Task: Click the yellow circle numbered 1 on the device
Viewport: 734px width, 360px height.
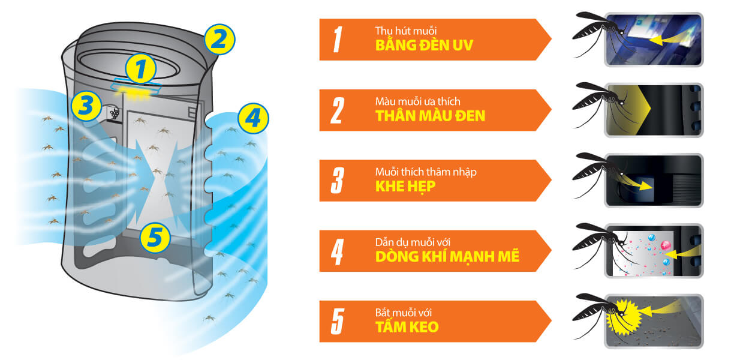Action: click(x=140, y=69)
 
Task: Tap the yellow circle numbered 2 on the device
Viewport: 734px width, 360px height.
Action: click(x=219, y=39)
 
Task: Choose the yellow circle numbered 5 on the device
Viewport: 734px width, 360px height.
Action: click(x=155, y=238)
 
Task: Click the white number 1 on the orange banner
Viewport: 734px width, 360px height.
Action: click(x=337, y=40)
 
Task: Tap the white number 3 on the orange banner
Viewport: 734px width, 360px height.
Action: click(x=337, y=181)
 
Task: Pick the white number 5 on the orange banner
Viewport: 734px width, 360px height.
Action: click(x=337, y=322)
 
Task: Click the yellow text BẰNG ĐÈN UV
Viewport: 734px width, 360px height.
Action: click(x=424, y=46)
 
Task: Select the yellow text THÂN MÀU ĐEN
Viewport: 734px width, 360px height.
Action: click(x=430, y=116)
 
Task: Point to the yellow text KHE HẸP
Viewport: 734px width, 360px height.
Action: click(x=405, y=187)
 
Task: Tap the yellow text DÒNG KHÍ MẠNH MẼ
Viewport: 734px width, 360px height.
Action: click(x=447, y=257)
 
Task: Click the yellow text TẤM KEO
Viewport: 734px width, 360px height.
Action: click(x=407, y=328)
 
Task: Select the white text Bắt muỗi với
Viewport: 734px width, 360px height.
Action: click(x=401, y=313)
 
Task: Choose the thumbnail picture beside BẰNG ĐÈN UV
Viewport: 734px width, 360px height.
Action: click(x=654, y=39)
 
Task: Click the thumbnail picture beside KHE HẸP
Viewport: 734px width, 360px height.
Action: click(x=654, y=180)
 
